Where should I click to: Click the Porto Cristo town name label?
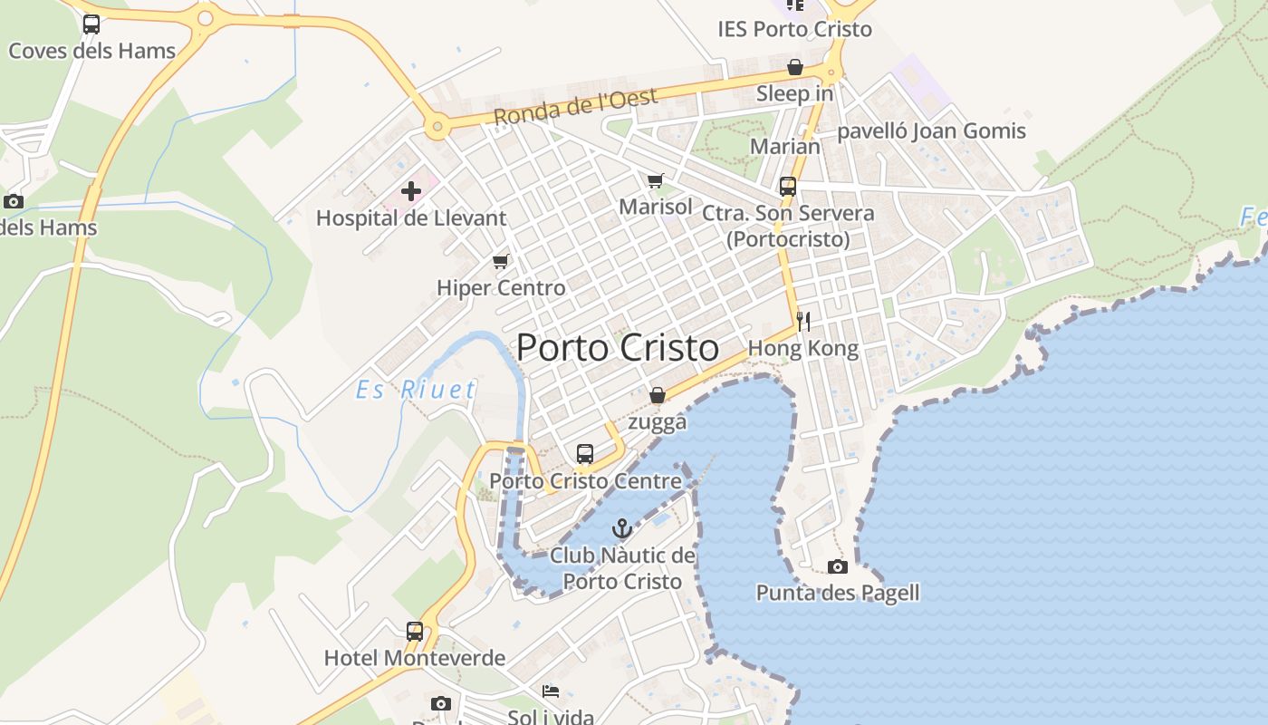pyautogui.click(x=618, y=348)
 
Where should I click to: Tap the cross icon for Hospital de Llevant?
pyautogui.click(x=411, y=191)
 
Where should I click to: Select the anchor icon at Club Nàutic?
pyautogui.click(x=621, y=528)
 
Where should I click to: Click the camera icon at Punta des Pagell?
pyautogui.click(x=838, y=567)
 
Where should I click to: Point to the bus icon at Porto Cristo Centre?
pyautogui.click(x=585, y=454)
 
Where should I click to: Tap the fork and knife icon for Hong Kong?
pyautogui.click(x=802, y=321)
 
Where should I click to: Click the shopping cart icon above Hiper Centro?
pyautogui.click(x=500, y=262)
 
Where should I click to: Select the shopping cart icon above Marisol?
pyautogui.click(x=655, y=180)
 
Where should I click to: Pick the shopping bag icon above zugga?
pyautogui.click(x=658, y=395)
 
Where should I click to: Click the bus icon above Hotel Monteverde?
pyautogui.click(x=414, y=632)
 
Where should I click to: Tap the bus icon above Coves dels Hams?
pyautogui.click(x=91, y=24)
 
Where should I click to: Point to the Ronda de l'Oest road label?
pyautogui.click(x=575, y=107)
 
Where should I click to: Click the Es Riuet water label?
pyautogui.click(x=416, y=391)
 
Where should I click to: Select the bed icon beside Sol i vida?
pyautogui.click(x=550, y=691)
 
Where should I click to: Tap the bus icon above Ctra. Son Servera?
pyautogui.click(x=788, y=187)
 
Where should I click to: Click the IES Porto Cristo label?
pyautogui.click(x=794, y=29)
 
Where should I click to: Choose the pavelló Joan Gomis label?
pyautogui.click(x=931, y=131)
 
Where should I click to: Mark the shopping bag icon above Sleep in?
pyautogui.click(x=794, y=67)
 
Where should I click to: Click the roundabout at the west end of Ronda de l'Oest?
pyautogui.click(x=437, y=127)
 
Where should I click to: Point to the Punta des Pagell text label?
pyautogui.click(x=838, y=594)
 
